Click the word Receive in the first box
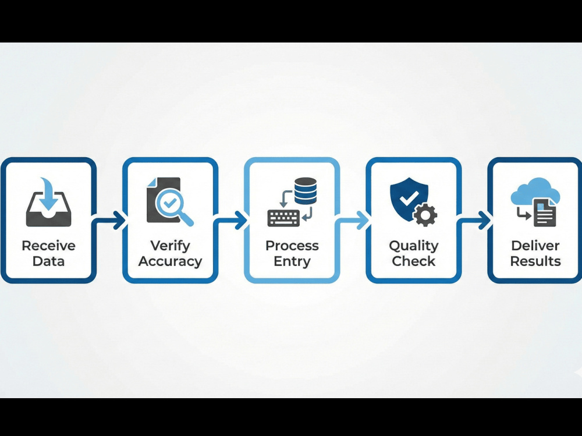[x=49, y=246]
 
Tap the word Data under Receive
[x=49, y=261]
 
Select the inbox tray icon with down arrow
[x=49, y=202]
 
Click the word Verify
[x=170, y=246]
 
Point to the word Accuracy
[x=170, y=262]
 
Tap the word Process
[x=292, y=246]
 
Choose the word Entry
[x=292, y=262]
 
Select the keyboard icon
[x=283, y=218]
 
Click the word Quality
[x=413, y=246]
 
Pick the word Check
[x=413, y=261]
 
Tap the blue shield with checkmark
[x=409, y=198]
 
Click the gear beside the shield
[x=425, y=215]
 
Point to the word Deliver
[x=535, y=246]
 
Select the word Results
[x=535, y=261]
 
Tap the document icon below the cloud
[x=545, y=213]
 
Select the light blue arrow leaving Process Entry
[x=352, y=220]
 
